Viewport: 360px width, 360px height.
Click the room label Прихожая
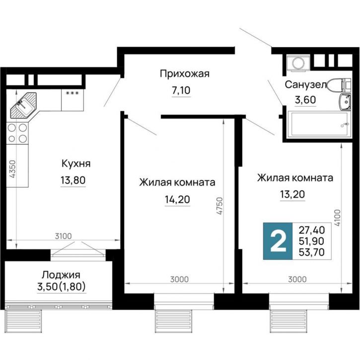185,74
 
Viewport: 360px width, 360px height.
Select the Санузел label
304,84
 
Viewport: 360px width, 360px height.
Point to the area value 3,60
305,99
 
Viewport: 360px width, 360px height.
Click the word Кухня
75,164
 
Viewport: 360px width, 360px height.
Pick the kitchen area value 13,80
73,180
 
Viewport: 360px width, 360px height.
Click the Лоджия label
61,274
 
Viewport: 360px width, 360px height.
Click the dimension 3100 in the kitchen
64,235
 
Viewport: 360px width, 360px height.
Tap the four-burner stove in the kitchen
17,133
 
